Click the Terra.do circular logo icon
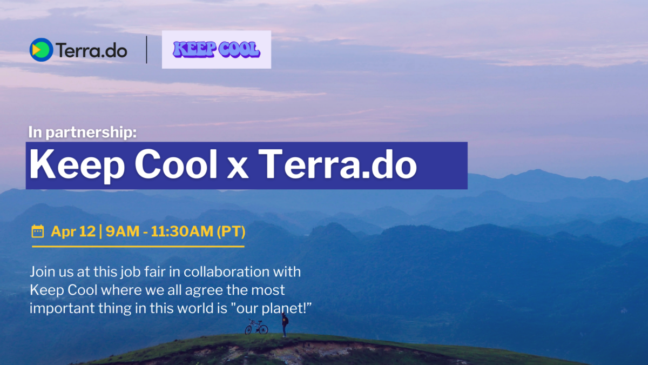(x=41, y=50)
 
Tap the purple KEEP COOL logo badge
(x=217, y=50)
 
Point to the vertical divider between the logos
(x=147, y=50)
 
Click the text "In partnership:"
(x=83, y=132)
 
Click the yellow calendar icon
(x=38, y=232)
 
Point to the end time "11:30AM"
(x=181, y=232)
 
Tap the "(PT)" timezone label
(x=231, y=232)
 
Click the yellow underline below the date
(x=138, y=247)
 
